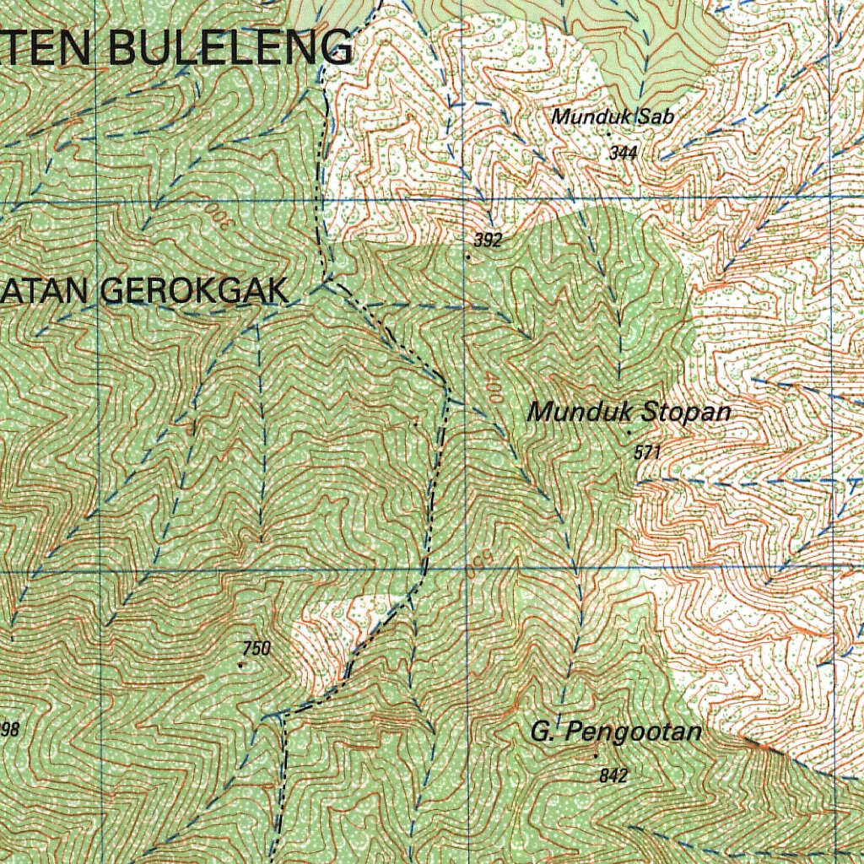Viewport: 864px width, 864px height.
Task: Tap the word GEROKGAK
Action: coord(195,291)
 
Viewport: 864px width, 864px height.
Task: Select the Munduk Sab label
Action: coord(613,117)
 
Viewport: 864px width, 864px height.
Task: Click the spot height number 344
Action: coord(623,153)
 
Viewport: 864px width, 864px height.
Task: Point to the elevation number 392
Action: coord(488,240)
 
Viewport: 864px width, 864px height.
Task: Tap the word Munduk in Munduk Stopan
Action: coord(581,413)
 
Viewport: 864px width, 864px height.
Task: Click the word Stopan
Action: coord(686,413)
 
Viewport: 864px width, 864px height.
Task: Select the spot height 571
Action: coord(646,452)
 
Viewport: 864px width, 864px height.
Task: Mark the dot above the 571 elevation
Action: coord(629,433)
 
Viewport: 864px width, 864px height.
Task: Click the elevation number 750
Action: coord(256,648)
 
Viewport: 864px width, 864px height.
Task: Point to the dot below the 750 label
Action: coord(240,665)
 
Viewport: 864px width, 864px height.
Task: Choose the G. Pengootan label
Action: coord(616,732)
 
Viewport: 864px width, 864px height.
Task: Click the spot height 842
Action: coord(613,775)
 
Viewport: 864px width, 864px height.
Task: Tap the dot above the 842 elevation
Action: coord(597,756)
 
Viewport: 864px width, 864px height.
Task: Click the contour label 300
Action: coord(217,213)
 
